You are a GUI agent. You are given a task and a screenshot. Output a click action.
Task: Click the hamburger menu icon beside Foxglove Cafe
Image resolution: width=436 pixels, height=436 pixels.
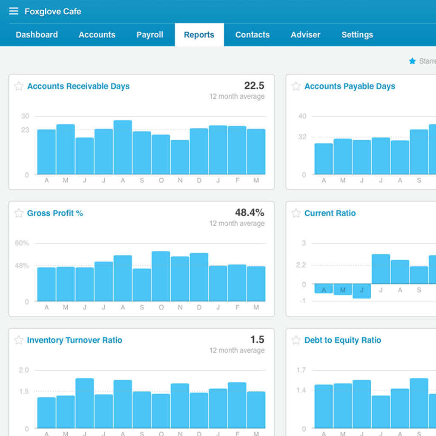point(14,11)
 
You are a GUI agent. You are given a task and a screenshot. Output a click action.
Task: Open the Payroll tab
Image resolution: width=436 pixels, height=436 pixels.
point(149,35)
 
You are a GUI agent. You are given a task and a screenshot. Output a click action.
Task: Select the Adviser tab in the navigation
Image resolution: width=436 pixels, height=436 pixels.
point(305,35)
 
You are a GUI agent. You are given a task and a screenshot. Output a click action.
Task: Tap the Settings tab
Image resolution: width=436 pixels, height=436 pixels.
point(357,35)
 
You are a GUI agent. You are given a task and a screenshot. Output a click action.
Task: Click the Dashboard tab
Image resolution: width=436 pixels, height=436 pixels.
point(37,35)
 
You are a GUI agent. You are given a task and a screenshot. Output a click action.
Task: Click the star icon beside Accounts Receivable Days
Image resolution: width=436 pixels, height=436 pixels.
point(19,86)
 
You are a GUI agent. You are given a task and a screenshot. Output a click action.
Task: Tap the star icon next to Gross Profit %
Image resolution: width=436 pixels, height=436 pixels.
point(19,213)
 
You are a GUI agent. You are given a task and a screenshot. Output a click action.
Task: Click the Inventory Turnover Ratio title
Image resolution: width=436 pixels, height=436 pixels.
point(75,340)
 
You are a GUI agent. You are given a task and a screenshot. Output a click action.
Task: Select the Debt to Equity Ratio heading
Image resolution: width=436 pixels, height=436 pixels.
point(342,340)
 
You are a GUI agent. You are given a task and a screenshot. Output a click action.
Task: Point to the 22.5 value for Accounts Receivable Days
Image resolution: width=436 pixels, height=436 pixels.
point(254,86)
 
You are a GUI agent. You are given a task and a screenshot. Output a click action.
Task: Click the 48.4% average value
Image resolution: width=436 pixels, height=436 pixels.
point(250,212)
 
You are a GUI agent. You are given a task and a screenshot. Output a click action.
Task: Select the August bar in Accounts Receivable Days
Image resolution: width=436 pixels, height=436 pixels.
point(123,147)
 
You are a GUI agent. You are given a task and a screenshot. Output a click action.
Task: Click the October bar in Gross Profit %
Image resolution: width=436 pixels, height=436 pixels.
point(161,276)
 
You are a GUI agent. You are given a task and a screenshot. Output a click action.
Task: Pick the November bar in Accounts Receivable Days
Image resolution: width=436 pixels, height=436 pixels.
point(180,157)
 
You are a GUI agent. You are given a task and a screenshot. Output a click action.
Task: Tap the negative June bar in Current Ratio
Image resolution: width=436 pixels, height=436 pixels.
point(362,291)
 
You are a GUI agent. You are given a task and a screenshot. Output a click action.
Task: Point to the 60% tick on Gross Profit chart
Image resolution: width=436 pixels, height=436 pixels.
point(22,243)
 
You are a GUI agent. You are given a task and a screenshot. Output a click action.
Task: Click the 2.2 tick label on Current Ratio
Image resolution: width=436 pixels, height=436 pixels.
point(301,265)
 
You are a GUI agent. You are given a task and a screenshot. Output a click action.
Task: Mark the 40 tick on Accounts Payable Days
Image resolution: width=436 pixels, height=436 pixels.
point(302,116)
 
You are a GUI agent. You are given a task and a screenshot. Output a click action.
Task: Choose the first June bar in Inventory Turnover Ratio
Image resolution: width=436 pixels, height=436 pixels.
point(85,403)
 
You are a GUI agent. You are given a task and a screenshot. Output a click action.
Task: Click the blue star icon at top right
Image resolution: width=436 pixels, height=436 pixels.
point(412,61)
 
